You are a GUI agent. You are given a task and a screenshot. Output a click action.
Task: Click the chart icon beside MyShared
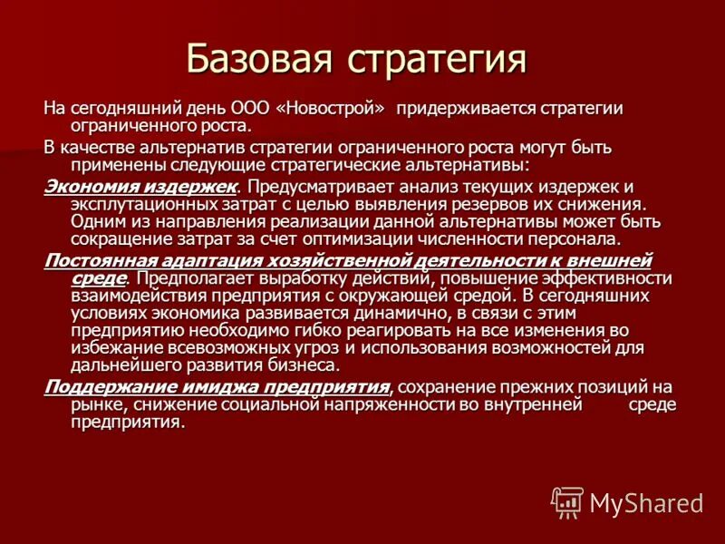(567, 502)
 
